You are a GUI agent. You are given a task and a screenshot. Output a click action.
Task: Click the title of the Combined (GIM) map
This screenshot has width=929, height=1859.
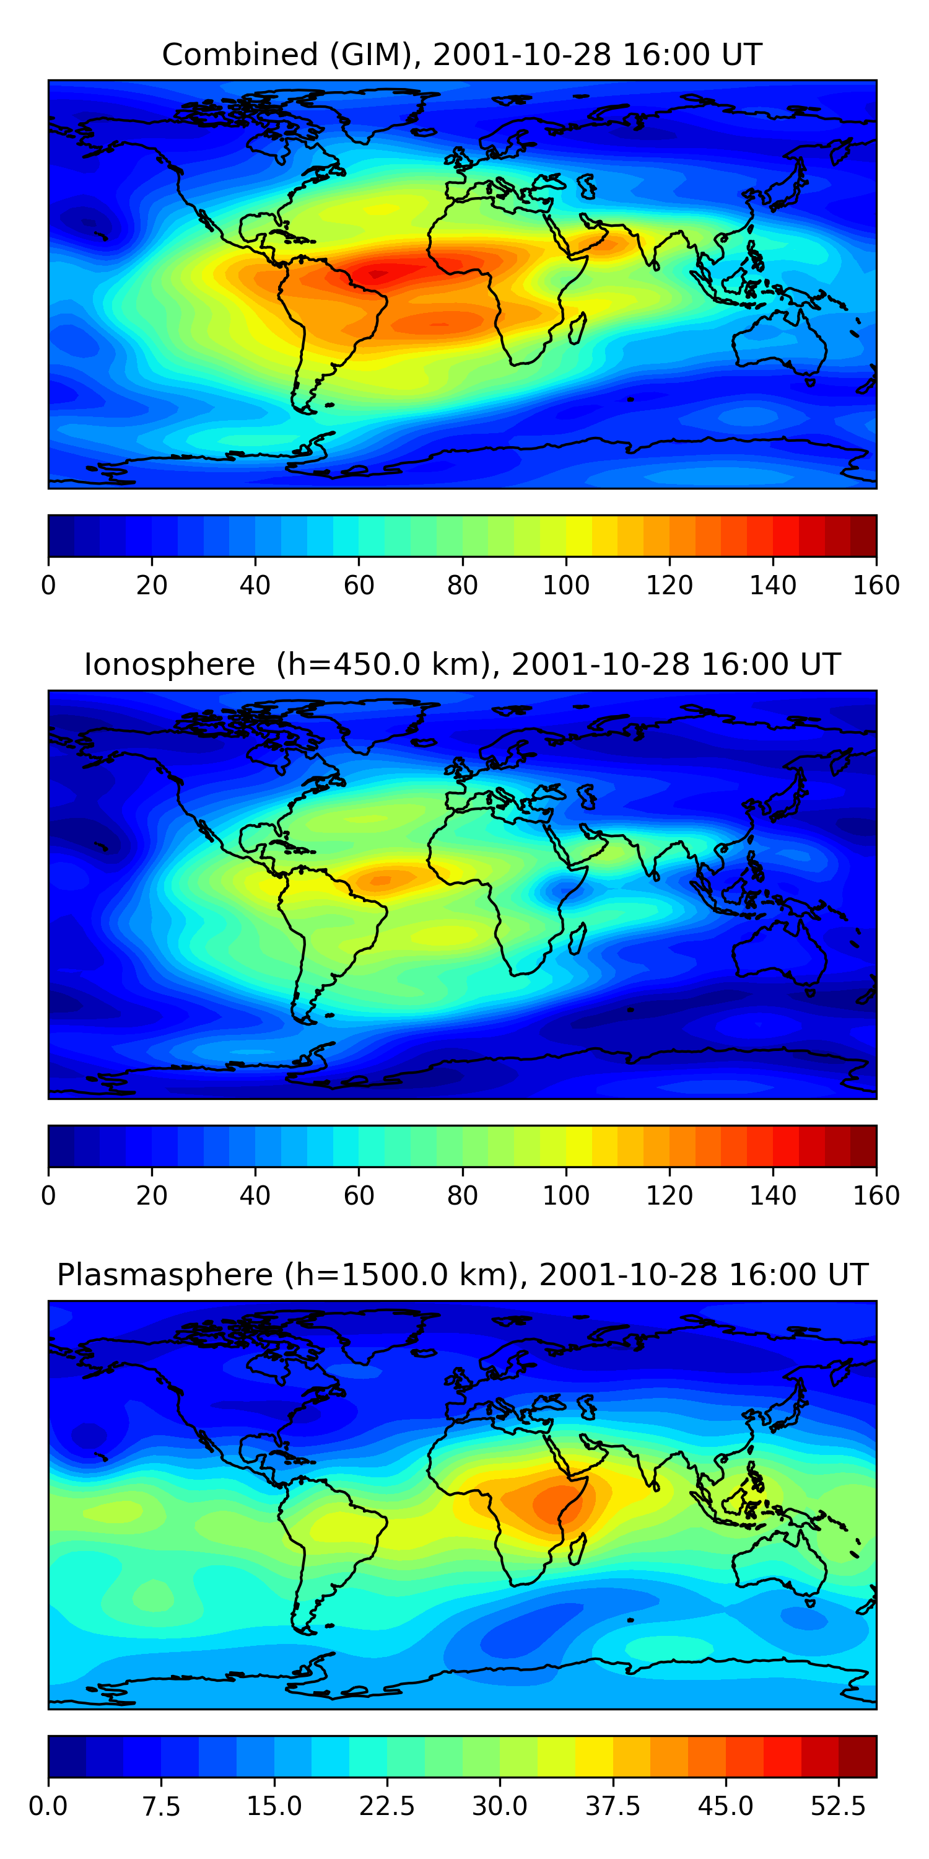click(461, 55)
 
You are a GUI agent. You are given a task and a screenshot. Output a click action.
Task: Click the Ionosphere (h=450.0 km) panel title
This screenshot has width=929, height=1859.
click(461, 665)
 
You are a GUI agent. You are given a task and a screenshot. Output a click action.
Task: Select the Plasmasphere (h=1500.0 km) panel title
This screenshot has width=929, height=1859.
click(461, 1275)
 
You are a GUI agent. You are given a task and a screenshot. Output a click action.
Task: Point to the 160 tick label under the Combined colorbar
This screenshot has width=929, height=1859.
click(876, 585)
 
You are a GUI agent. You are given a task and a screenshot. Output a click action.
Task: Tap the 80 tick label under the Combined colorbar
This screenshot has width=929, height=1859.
click(463, 585)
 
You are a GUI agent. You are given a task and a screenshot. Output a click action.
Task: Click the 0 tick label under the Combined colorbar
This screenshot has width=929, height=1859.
click(48, 585)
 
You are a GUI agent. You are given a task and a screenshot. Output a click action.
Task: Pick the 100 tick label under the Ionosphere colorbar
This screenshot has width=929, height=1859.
click(565, 1195)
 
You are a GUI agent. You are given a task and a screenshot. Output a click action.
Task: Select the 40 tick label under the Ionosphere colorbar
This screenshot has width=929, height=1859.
click(255, 1195)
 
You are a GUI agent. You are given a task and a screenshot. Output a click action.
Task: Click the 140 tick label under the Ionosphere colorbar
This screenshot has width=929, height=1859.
click(772, 1195)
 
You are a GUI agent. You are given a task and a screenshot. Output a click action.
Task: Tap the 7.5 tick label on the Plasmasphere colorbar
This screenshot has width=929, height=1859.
click(161, 1806)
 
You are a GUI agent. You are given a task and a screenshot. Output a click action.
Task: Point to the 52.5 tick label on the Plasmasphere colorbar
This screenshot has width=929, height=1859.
click(837, 1806)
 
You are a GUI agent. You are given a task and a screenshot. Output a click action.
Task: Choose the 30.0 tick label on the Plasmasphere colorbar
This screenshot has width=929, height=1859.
click(499, 1806)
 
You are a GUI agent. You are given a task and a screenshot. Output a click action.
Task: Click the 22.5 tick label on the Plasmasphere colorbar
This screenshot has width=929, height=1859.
click(386, 1806)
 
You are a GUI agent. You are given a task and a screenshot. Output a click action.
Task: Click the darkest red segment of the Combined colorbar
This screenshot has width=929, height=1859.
click(863, 535)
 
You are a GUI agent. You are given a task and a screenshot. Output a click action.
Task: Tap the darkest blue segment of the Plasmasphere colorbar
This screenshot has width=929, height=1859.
click(67, 1756)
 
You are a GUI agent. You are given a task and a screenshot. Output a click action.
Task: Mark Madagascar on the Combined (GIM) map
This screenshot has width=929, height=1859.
click(577, 328)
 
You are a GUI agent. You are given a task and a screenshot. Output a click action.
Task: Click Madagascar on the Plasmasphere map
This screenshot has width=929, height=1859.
click(577, 1549)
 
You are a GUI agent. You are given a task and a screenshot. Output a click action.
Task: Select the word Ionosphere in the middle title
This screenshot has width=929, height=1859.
click(170, 665)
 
